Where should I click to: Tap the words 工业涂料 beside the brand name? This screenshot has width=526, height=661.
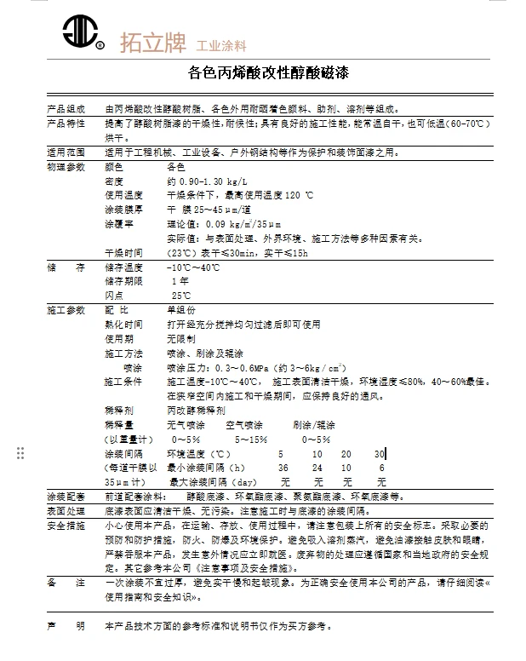coord(220,44)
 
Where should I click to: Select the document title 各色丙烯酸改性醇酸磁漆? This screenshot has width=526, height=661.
coord(269,73)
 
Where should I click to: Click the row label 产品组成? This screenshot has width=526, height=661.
coord(66,109)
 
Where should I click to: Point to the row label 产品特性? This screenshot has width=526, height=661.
coord(66,124)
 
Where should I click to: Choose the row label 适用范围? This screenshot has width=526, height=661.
coord(66,152)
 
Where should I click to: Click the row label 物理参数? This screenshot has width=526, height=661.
coord(66,167)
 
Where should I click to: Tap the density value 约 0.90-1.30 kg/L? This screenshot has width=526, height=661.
coord(207,181)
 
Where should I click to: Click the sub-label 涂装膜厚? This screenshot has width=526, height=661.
coord(123,210)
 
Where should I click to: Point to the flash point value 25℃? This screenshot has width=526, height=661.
coord(181,295)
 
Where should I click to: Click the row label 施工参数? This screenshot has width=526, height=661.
coord(66,309)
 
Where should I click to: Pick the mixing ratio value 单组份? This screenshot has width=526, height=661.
coord(180,309)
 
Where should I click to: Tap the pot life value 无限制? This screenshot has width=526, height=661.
coord(180,338)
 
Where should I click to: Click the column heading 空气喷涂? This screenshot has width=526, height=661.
coord(244,424)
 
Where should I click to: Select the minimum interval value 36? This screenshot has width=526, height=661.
coord(283,468)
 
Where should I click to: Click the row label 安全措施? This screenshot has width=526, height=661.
coord(66,526)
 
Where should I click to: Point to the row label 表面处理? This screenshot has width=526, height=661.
coord(66,511)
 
